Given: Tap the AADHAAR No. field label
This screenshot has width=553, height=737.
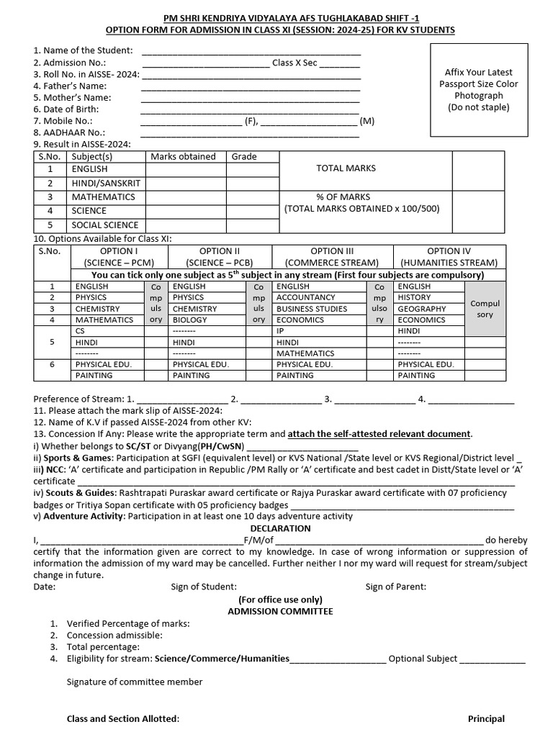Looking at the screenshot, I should pos(69,132).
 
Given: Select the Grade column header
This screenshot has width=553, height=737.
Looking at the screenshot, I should pos(244,156).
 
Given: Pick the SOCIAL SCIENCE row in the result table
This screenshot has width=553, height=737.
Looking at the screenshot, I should pos(104,225).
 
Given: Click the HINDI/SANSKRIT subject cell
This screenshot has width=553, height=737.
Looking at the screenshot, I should pos(106,184).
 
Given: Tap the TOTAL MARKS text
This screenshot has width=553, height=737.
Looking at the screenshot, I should pos(346,168).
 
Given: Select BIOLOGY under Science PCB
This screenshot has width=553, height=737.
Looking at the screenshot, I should pos(189,320).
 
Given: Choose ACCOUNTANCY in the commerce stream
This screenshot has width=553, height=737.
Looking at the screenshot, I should pos(305,297).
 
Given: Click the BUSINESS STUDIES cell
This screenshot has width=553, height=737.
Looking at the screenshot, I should pos(312,309).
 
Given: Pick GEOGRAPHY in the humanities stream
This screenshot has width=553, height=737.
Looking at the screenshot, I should pos(421,309).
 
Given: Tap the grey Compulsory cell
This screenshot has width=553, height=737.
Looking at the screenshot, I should pos(485,309).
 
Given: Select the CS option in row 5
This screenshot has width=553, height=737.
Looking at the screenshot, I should pos(80,331).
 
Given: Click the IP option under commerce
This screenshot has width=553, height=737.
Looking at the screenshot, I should pos(281,331).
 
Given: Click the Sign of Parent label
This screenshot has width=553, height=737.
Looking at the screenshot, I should pos(395,587).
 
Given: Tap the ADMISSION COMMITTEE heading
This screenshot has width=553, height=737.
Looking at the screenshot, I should pos(280,611).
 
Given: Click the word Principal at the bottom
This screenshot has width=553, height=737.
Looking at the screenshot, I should pos(486,718).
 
